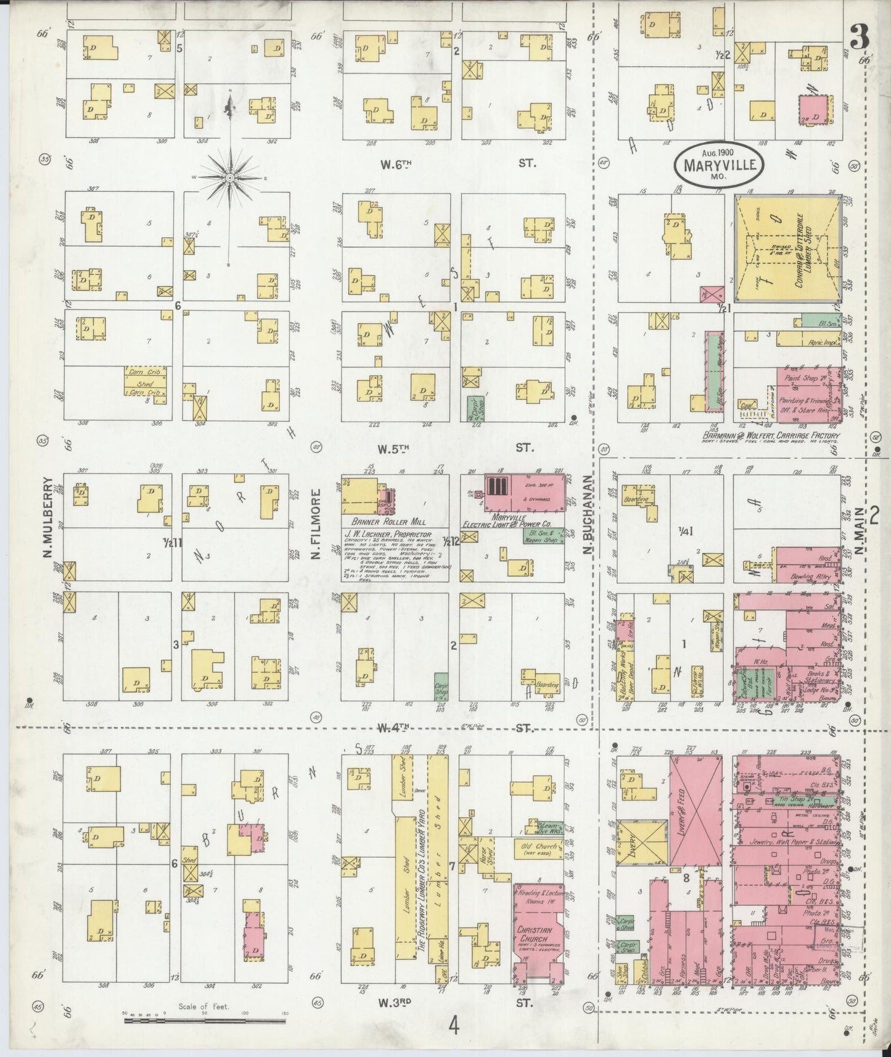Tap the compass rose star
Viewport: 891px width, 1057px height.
tap(229, 178)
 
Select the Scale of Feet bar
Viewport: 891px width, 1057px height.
tap(203, 1020)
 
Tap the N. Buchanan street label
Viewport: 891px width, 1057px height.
tap(588, 516)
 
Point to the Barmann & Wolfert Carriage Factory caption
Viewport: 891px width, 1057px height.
tap(771, 435)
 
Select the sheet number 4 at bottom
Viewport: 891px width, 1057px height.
tap(454, 1027)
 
